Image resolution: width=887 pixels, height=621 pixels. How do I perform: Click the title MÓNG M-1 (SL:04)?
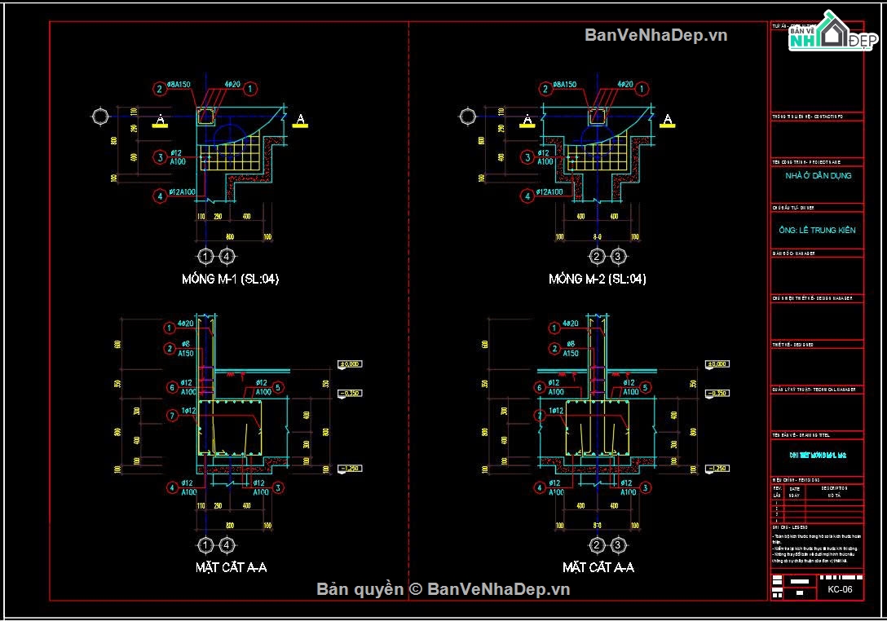click(231, 279)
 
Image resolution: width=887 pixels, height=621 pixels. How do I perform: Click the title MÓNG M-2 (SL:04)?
click(598, 279)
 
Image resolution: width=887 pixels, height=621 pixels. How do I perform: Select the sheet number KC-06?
click(839, 590)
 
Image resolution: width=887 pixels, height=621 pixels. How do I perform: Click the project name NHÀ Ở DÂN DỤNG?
click(818, 176)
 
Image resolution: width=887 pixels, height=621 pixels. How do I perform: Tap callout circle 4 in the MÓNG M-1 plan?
click(161, 196)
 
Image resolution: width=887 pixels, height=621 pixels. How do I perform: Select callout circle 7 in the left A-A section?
click(171, 416)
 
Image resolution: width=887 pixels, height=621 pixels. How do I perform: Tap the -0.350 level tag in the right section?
click(717, 394)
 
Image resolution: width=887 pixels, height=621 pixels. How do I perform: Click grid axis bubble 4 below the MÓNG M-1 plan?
click(227, 257)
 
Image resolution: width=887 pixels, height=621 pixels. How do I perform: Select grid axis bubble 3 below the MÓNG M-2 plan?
click(619, 257)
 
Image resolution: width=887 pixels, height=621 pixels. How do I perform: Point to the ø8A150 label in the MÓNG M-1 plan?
click(178, 85)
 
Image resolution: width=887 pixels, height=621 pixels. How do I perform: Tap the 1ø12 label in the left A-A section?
click(192, 411)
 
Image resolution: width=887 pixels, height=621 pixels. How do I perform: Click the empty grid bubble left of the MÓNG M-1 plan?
click(100, 117)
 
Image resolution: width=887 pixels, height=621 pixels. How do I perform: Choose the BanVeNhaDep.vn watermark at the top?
click(655, 34)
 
